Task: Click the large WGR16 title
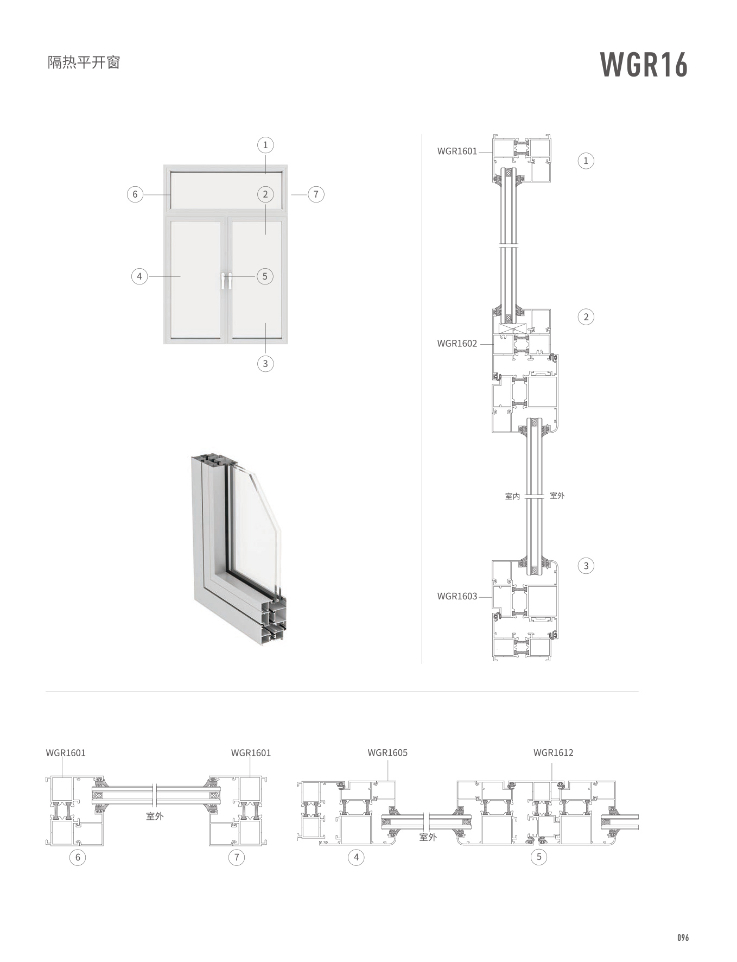coord(644,65)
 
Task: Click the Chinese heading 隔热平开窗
coord(84,62)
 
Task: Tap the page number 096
coord(683,938)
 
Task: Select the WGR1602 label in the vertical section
coord(457,343)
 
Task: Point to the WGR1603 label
coord(457,596)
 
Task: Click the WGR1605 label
coord(387,752)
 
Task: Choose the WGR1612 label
coord(553,752)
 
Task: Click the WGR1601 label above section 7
coord(251,753)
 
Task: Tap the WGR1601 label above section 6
coord(66,753)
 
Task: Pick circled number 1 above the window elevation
coord(265,145)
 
